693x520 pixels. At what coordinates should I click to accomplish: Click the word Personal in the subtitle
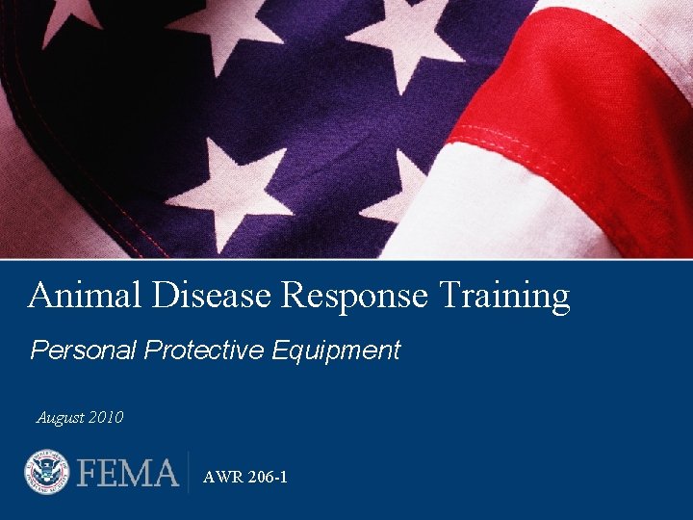[84, 351]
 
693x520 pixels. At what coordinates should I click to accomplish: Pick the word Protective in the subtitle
[204, 351]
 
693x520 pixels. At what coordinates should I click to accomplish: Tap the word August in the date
[60, 418]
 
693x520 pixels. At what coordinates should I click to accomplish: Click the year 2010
[105, 418]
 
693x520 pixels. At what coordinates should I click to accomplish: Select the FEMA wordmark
[128, 474]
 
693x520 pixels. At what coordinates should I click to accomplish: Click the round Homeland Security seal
[47, 474]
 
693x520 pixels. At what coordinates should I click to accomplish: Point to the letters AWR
[220, 477]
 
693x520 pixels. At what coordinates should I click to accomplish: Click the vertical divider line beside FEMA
[189, 473]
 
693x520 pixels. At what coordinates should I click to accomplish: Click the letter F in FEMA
[89, 474]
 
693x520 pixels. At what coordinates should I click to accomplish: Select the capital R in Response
[293, 296]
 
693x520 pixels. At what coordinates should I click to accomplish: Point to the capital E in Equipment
[279, 351]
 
